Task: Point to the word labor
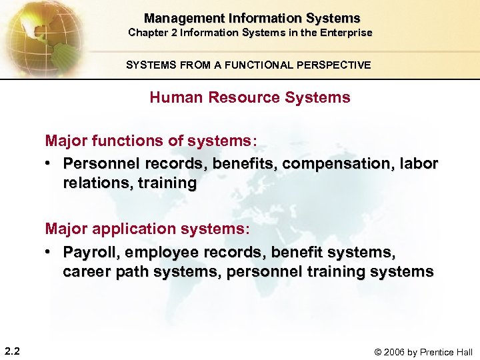point(419,164)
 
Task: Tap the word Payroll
point(91,252)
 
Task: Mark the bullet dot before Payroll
point(50,252)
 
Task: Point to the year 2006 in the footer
point(393,352)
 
